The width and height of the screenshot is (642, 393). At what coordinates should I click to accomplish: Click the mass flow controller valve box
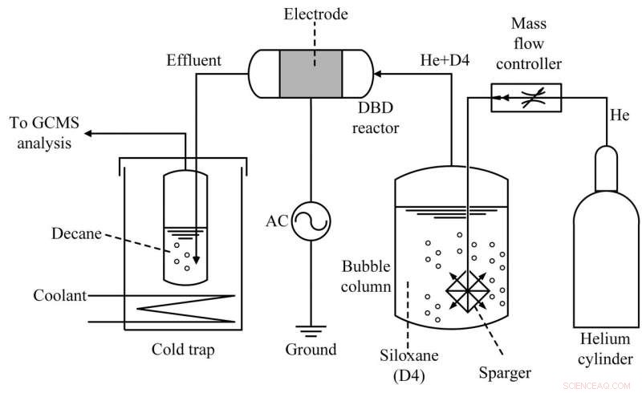[x=526, y=97]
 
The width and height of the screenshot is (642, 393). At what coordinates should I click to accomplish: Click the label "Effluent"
[x=193, y=60]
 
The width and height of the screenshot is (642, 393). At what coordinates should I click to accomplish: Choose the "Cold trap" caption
[x=184, y=350]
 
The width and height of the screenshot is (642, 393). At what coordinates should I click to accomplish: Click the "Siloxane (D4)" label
[x=407, y=362]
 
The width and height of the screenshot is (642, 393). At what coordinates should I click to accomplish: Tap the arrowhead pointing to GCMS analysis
[x=90, y=132]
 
